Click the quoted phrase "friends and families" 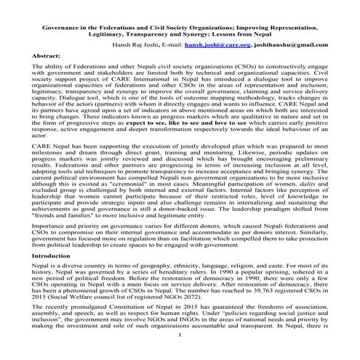(x=73, y=218)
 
